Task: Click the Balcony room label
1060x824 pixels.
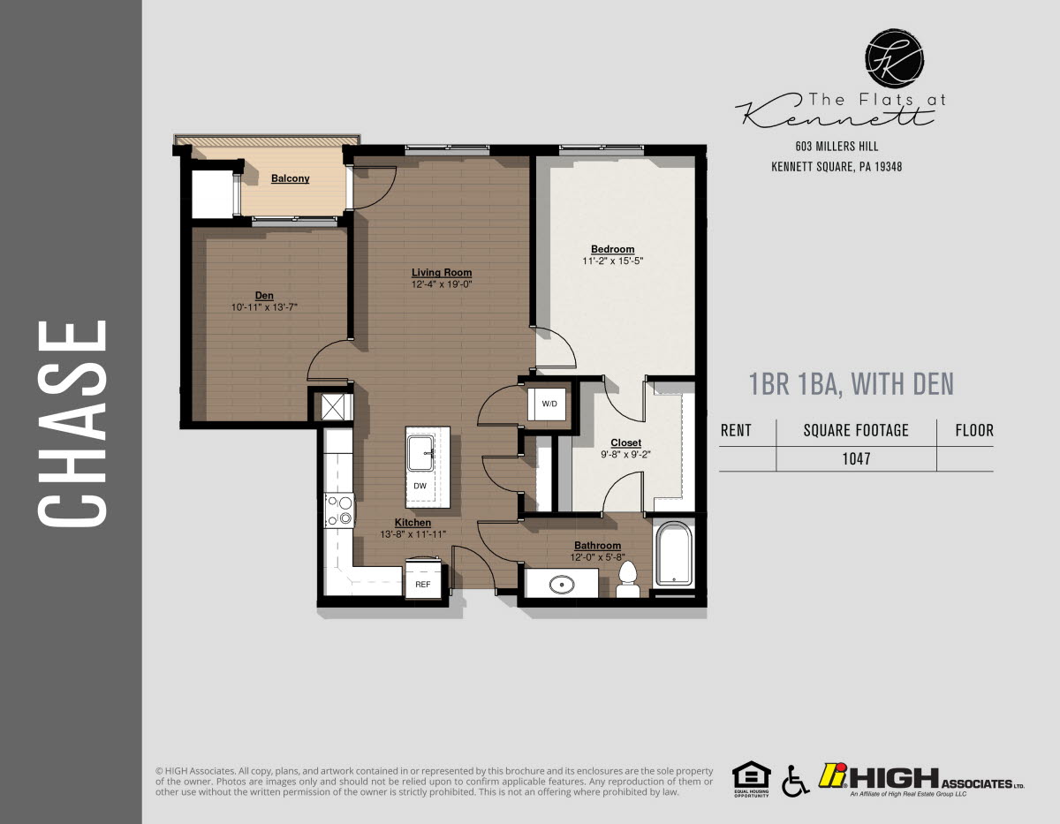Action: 290,178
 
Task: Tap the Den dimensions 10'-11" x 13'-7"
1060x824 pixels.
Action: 264,306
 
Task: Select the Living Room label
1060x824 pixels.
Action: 442,273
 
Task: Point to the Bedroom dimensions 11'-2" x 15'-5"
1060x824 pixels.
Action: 613,261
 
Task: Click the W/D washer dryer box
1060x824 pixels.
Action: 549,404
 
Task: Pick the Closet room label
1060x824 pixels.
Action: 625,442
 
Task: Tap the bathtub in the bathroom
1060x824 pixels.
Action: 675,554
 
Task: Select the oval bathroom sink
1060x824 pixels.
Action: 561,584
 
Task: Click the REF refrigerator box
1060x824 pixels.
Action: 423,584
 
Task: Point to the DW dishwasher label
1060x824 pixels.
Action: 420,487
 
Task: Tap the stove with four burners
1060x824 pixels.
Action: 339,510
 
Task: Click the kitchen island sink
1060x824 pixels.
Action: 422,454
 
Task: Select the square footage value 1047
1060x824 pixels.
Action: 855,458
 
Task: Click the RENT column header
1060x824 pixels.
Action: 736,431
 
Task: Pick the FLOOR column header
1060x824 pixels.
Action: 974,431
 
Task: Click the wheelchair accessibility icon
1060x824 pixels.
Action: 794,780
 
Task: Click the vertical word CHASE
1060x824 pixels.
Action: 72,423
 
